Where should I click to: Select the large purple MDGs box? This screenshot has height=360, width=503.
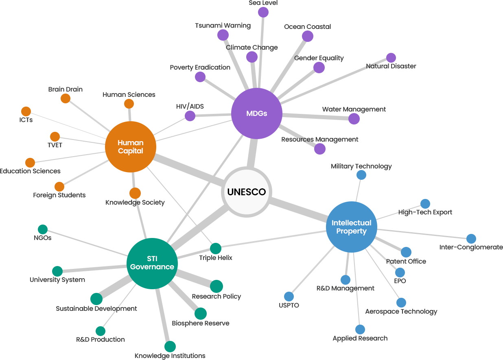pos(256,113)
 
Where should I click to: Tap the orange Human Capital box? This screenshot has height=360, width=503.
pos(130,146)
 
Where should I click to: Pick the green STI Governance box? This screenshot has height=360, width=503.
pos(152,263)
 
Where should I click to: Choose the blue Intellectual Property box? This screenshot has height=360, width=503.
pos(351,227)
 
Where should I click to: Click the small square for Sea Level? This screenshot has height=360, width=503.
pos(263,12)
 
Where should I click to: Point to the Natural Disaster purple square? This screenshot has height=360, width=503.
pos(391,57)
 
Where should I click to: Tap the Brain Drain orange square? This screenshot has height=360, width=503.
pos(65,98)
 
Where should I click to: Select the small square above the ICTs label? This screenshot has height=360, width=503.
pos(26,111)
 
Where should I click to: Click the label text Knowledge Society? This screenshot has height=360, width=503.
pos(135,202)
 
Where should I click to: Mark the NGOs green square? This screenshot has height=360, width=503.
pos(42,229)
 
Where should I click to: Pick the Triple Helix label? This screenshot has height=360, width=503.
pos(215,257)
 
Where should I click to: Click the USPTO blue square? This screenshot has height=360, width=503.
pos(289,296)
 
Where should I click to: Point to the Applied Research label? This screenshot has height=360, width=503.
pos(360,338)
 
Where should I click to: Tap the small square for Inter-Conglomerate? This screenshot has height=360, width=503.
pos(471,238)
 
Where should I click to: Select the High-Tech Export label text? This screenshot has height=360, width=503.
pos(425,212)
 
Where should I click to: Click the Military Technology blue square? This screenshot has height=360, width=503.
pos(361,175)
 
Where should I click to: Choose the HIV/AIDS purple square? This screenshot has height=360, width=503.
pos(190,116)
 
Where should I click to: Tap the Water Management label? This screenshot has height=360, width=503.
pos(354,109)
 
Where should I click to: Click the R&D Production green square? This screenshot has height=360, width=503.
pos(100,331)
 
